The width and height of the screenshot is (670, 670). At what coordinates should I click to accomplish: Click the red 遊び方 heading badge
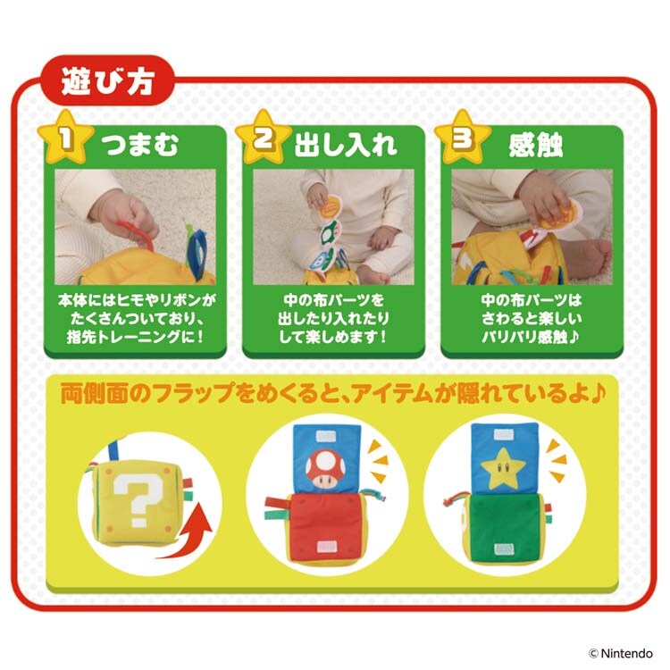(x=107, y=80)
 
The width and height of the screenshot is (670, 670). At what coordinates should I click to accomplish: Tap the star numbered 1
(x=65, y=138)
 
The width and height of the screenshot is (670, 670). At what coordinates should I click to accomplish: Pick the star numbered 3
(x=463, y=138)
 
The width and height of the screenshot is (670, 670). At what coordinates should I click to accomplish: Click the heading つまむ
(x=139, y=145)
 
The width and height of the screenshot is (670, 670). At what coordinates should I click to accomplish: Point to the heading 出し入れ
(x=346, y=145)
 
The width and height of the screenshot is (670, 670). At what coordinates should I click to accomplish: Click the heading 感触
(x=535, y=146)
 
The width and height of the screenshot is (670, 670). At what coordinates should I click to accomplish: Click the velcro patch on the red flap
(x=327, y=547)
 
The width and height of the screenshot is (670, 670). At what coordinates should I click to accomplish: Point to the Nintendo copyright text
(x=621, y=653)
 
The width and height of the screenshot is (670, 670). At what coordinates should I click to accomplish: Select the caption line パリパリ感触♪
(x=531, y=337)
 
